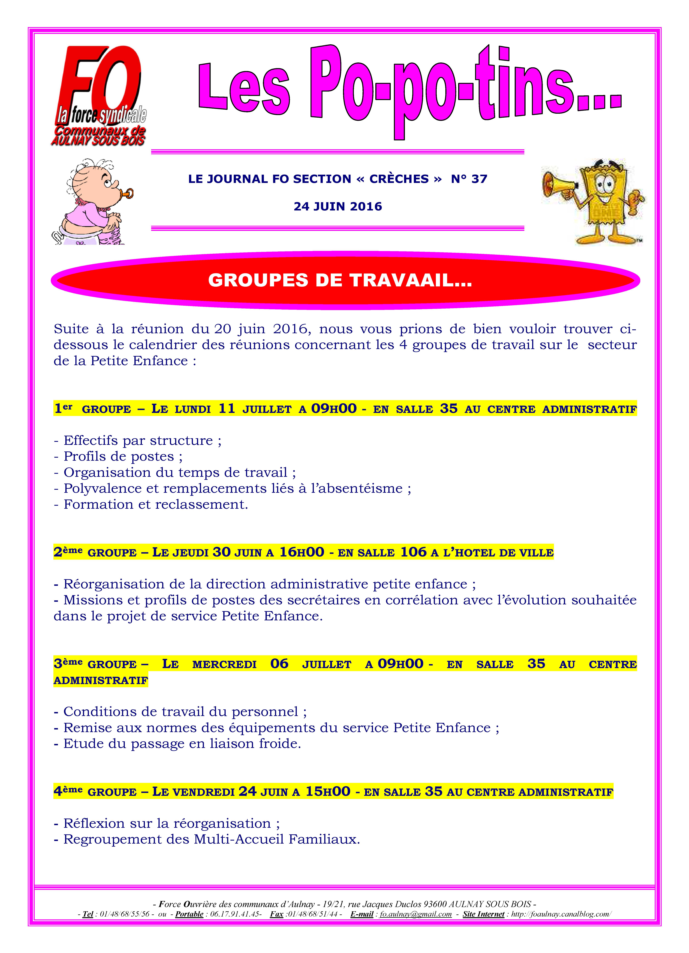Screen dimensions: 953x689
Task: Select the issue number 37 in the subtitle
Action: point(479,179)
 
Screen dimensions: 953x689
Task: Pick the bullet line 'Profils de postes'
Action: point(118,456)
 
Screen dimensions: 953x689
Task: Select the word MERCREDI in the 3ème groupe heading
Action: point(224,664)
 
